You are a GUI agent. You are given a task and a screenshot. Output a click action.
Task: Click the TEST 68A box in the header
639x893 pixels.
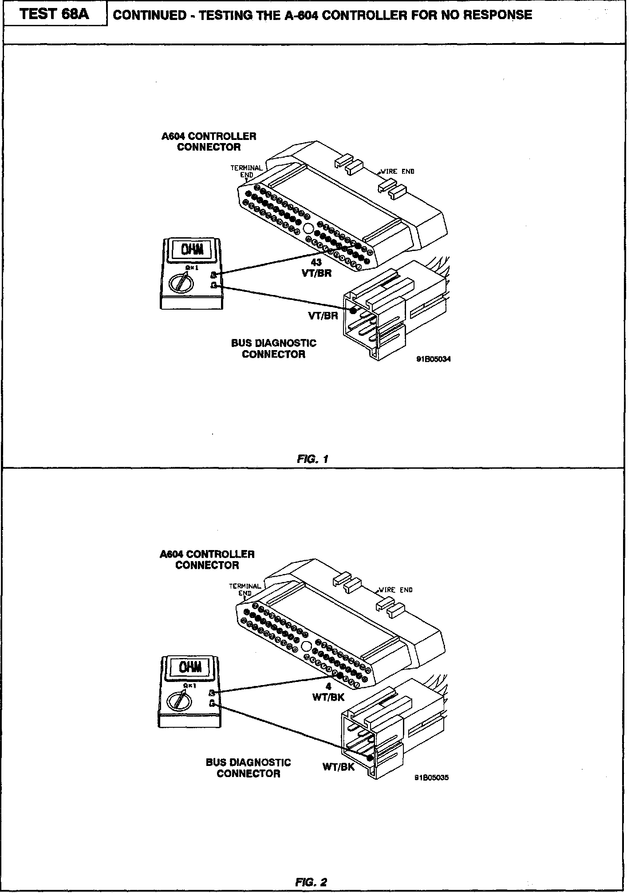point(55,15)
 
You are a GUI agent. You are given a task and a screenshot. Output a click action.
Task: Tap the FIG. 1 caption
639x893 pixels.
point(312,459)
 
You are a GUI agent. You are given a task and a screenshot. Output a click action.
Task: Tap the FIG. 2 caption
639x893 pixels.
point(311,882)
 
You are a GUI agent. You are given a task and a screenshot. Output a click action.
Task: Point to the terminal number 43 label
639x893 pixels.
point(316,263)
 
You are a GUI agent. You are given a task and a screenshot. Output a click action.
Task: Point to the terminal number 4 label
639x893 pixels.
point(328,686)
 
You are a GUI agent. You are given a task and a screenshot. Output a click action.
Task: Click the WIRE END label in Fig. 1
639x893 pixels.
point(398,171)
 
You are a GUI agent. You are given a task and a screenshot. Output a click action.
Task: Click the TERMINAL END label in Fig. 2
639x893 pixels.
point(245,590)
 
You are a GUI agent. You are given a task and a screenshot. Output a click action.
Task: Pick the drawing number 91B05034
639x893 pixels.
point(433,359)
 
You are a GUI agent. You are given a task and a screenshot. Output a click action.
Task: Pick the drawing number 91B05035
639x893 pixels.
point(431,777)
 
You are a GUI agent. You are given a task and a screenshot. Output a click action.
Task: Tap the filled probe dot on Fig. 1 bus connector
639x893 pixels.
point(353,311)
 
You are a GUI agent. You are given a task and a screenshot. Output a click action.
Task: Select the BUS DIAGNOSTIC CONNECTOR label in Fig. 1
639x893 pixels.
point(273,349)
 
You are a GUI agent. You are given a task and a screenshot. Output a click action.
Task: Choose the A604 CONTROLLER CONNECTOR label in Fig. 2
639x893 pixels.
point(207,560)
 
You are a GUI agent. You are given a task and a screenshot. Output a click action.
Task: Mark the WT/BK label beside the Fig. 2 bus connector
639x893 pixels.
point(339,767)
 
